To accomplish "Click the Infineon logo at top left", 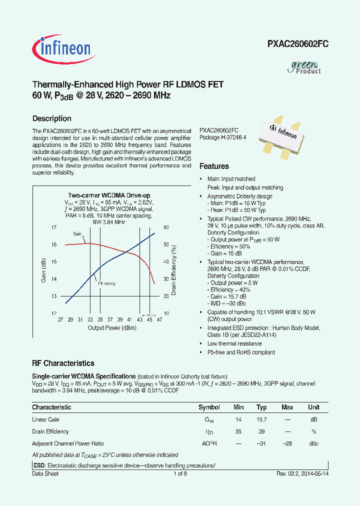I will [x=61, y=48].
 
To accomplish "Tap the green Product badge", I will [x=305, y=66].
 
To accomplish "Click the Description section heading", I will [x=51, y=118].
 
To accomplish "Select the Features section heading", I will [x=214, y=166].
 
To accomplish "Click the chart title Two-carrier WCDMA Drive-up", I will [x=109, y=195].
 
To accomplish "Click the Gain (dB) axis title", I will [x=44, y=270].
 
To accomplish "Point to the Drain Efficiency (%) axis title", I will [x=174, y=270].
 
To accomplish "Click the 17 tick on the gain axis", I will [x=54, y=227].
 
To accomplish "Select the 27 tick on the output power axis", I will [x=60, y=319].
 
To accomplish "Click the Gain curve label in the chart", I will [x=77, y=234].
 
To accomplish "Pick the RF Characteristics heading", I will [x=63, y=363].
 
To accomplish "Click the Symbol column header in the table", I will [x=209, y=407].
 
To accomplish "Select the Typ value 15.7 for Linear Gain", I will [x=261, y=419].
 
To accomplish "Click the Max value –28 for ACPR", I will [x=287, y=443].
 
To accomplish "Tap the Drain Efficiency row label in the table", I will [x=50, y=431].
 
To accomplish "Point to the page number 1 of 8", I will [x=179, y=474].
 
